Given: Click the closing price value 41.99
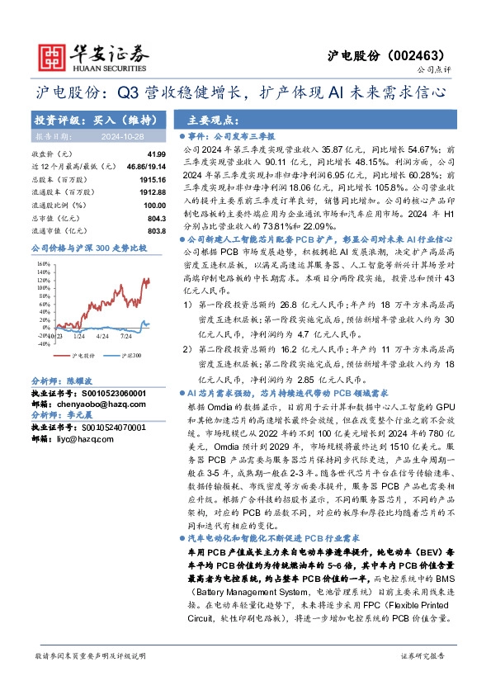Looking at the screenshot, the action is [156, 154].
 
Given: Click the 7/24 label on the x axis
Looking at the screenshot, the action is [126, 337].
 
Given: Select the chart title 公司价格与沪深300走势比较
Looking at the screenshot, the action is [88, 247].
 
